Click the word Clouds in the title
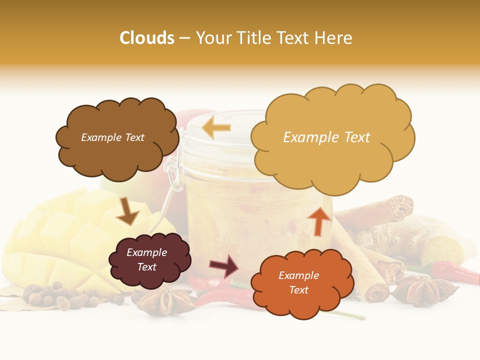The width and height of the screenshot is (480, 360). (x=147, y=38)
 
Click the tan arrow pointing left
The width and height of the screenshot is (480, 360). (x=216, y=128)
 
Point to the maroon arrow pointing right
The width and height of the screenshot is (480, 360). (x=224, y=266)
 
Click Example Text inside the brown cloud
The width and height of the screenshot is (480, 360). (x=112, y=137)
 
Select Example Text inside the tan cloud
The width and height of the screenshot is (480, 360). (x=326, y=137)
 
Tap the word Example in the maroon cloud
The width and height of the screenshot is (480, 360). (x=146, y=253)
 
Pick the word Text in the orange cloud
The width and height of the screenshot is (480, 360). (x=298, y=290)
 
